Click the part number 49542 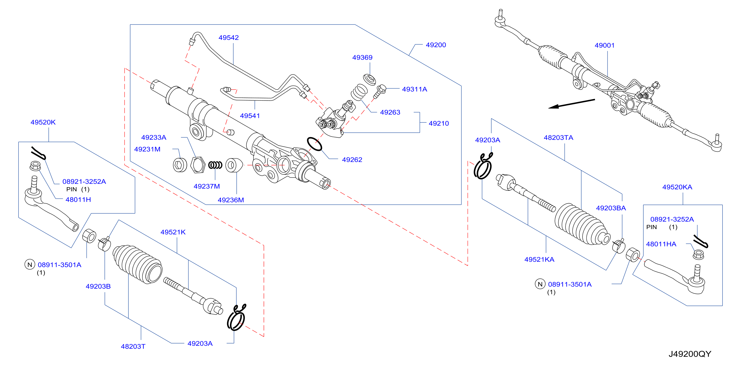click(229, 38)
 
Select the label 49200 click(436, 45)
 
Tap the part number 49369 click(362, 57)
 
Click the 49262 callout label click(352, 160)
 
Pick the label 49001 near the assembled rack click(604, 45)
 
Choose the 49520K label click(43, 122)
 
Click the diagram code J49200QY click(689, 354)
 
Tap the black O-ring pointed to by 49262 click(314, 144)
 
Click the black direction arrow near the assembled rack click(572, 104)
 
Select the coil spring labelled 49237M click(215, 165)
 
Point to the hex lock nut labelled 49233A click(198, 165)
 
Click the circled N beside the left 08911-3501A click(30, 264)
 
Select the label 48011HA click(661, 244)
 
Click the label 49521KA click(539, 259)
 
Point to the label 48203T click(133, 347)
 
